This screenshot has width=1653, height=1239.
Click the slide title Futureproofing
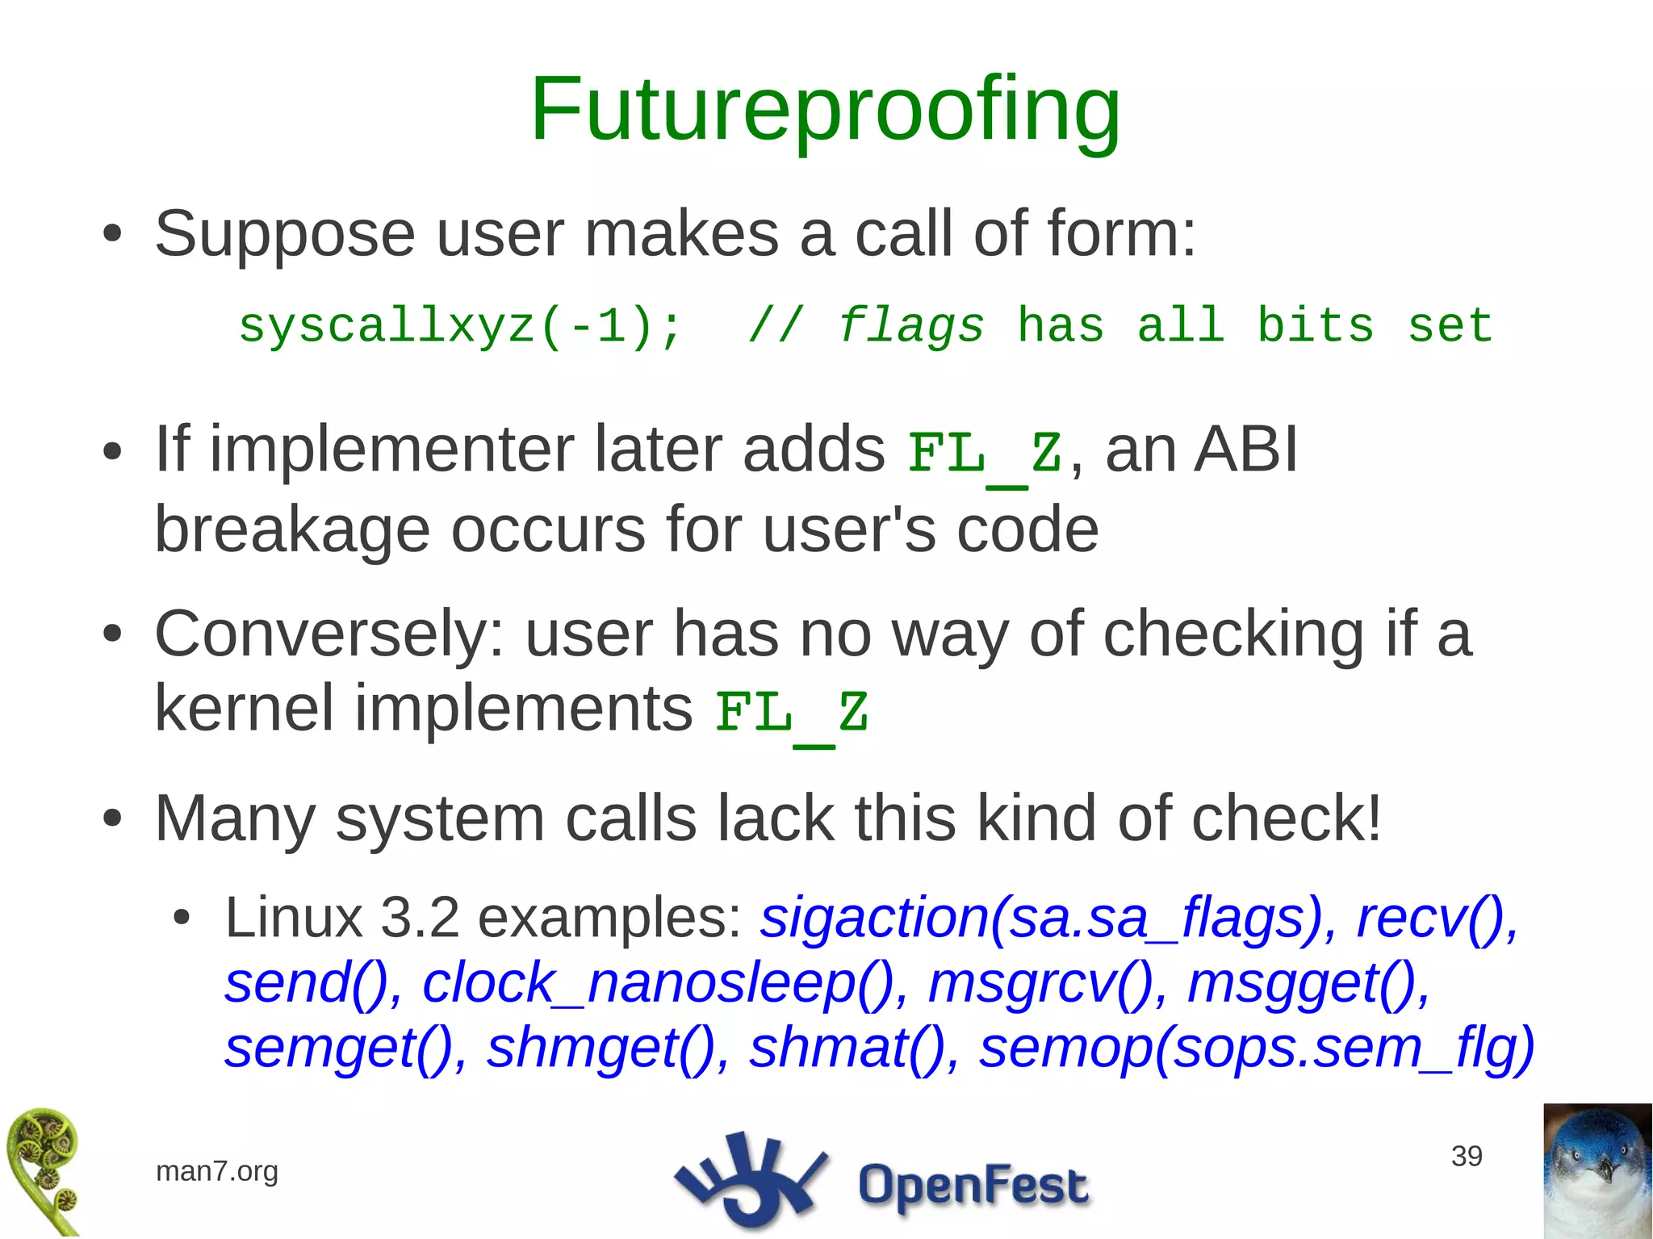tap(825, 110)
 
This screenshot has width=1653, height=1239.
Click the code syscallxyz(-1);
tap(460, 327)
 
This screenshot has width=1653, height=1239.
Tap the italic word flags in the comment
tap(910, 327)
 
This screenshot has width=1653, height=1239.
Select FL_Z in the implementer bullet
tap(984, 454)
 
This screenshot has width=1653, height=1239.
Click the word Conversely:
tap(329, 635)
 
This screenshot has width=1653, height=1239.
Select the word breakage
tap(291, 530)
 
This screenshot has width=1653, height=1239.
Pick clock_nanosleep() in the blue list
tap(658, 984)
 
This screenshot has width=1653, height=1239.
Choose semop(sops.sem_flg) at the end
tap(1256, 1048)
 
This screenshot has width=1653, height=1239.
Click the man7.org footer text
tap(216, 1171)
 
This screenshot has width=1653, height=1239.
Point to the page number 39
tap(1466, 1156)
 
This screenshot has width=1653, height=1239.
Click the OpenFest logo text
tap(973, 1185)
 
